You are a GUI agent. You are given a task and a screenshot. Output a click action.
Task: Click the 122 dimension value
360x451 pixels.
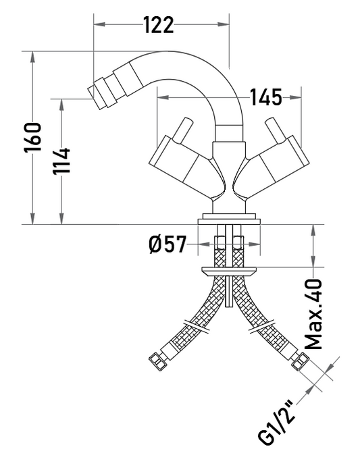pyautogui.click(x=159, y=25)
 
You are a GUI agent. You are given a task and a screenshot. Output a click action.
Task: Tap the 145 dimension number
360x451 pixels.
pyautogui.click(x=266, y=97)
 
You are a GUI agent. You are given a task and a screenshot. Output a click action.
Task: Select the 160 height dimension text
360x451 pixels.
pyautogui.click(x=33, y=138)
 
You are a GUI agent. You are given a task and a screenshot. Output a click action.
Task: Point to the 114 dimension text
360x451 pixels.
pyautogui.click(x=61, y=161)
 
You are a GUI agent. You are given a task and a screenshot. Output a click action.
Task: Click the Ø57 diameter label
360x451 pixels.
pyautogui.click(x=168, y=244)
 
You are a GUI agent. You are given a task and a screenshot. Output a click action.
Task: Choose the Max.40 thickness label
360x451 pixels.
pyautogui.click(x=313, y=314)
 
